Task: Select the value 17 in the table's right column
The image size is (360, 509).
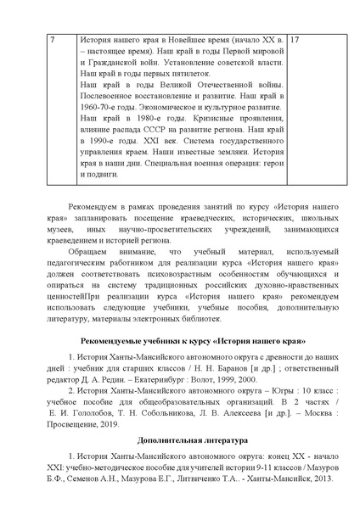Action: point(296,41)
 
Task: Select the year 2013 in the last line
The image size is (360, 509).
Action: point(309,502)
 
